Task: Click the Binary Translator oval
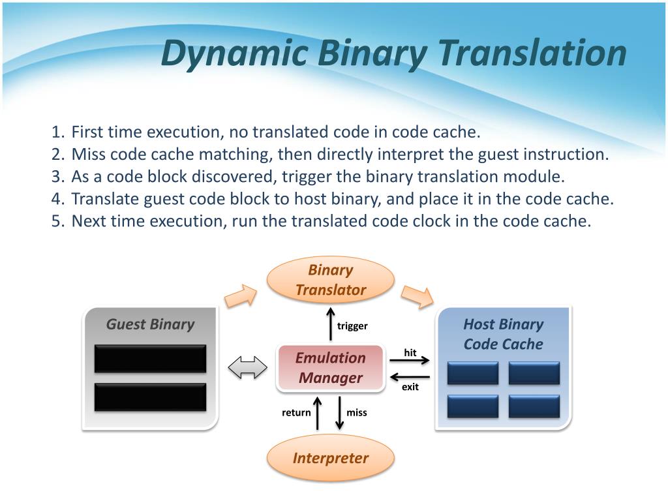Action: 331,281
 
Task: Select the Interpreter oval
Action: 331,458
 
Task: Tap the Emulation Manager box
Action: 331,368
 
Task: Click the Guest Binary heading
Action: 150,324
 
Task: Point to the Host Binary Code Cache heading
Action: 503,334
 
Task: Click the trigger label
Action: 352,326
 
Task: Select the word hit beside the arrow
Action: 410,352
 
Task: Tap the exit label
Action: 410,387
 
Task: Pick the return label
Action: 296,412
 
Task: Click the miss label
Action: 357,412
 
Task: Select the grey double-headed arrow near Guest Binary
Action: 248,368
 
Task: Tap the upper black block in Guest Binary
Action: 150,358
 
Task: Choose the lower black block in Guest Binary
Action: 150,397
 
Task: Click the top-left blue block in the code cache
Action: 473,373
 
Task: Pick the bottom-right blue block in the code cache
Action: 534,406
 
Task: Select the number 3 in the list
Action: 56,177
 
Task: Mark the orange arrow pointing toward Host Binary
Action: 417,297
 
